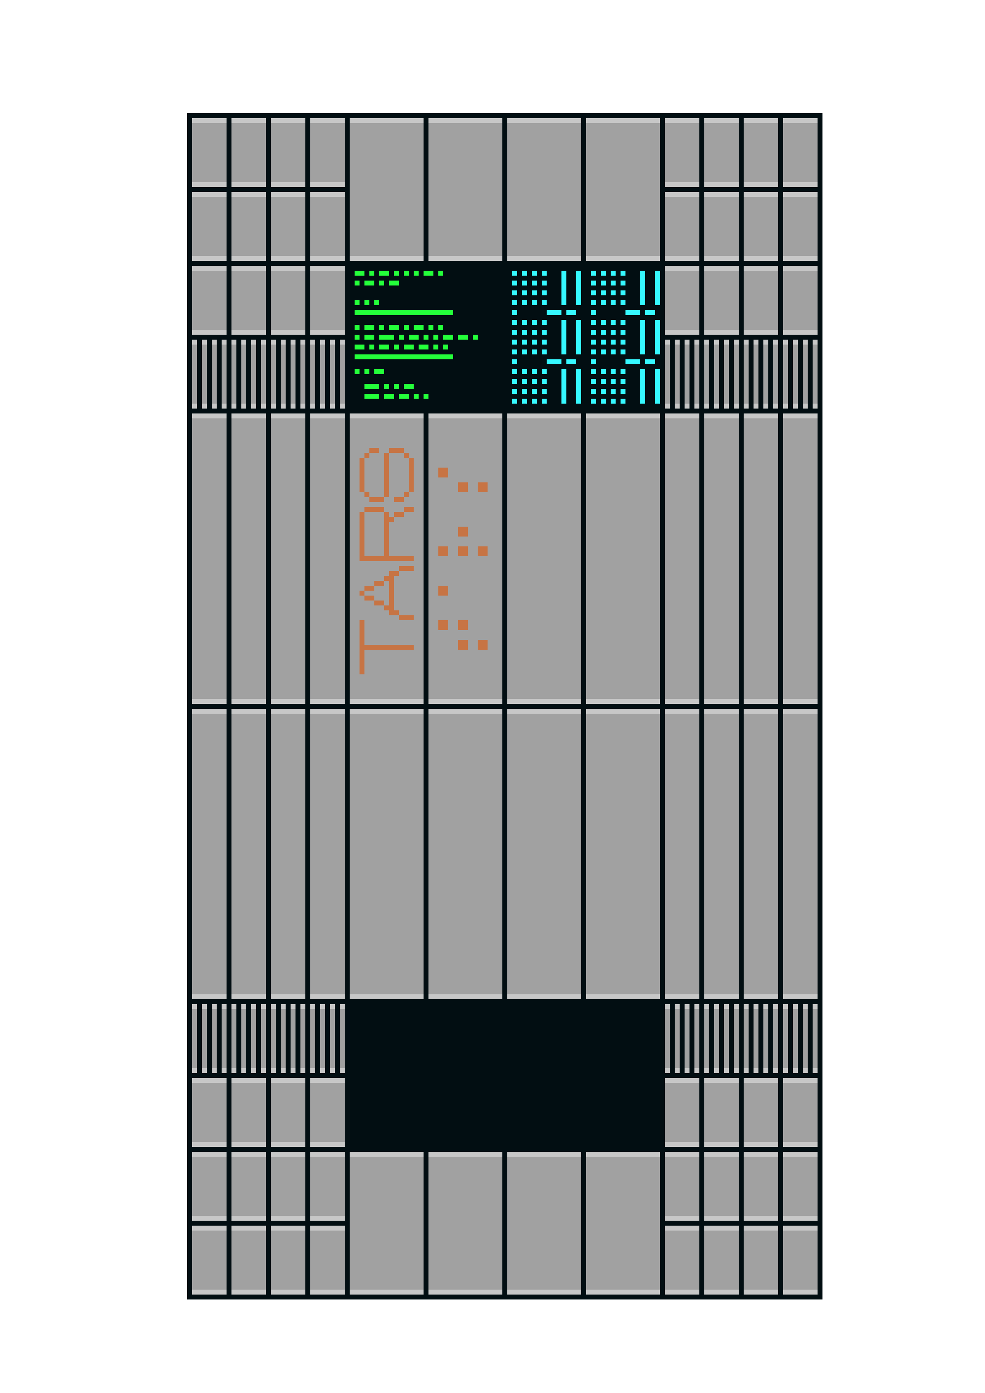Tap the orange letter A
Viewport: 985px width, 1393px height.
(386, 593)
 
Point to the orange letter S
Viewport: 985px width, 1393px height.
(386, 475)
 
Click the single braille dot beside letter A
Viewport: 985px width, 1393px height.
(443, 590)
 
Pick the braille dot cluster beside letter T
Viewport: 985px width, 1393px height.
(462, 634)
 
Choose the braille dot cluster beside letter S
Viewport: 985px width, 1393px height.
(462, 479)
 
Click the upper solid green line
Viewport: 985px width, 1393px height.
(403, 313)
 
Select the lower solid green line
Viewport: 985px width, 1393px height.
(403, 357)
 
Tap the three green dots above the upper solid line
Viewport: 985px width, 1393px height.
(366, 303)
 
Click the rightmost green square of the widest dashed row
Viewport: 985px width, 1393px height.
(475, 337)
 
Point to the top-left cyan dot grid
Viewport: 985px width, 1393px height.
(529, 287)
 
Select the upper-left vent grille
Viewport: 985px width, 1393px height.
(268, 374)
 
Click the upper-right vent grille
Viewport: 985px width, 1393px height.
(741, 374)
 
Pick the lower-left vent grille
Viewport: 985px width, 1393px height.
(268, 1038)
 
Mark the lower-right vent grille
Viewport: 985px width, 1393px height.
(741, 1038)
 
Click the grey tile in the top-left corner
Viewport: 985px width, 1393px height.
(209, 152)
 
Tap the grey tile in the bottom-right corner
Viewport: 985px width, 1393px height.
(800, 1260)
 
